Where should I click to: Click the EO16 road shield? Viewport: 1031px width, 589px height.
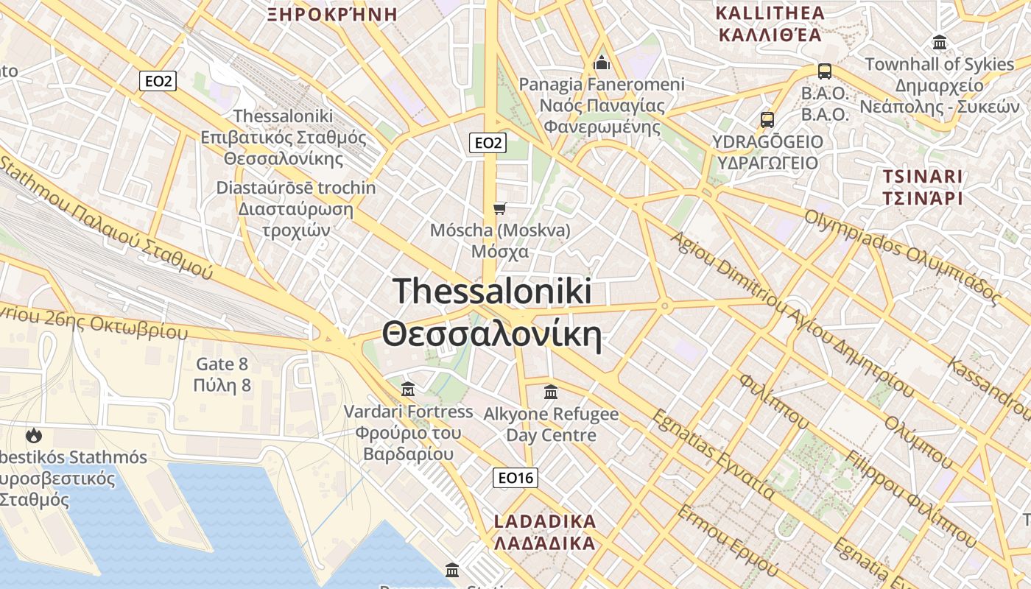pos(515,478)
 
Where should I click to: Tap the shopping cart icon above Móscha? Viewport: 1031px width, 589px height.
pos(500,208)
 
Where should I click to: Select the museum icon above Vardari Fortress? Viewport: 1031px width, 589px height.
pos(408,388)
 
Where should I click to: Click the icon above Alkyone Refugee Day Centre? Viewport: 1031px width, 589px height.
pos(551,392)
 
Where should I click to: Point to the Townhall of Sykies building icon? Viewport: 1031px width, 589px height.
pos(939,42)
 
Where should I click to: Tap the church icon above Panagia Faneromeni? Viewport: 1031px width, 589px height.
pos(602,63)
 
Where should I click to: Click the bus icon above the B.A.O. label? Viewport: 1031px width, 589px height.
pos(825,71)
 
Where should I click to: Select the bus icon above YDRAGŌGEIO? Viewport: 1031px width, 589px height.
pos(767,119)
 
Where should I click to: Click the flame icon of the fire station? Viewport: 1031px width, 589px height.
pos(33,435)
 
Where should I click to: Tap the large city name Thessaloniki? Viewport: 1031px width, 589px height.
pos(492,292)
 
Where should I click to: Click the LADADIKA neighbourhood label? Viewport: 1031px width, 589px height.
pos(544,522)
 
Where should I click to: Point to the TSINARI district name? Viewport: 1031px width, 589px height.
pos(923,177)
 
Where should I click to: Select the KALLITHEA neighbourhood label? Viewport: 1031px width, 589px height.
pos(770,13)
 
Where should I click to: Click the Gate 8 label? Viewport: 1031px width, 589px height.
pos(222,364)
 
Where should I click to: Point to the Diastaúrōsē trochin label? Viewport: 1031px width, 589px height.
pos(295,188)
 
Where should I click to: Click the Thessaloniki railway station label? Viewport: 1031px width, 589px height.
pos(284,116)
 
